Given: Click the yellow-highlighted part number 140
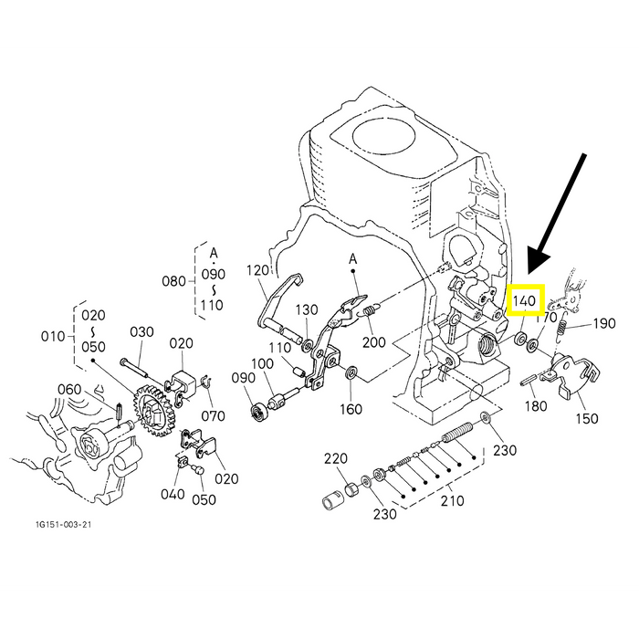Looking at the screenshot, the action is [524, 300].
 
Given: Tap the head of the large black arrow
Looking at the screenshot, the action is [537, 263].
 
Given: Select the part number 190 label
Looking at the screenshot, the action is [604, 323].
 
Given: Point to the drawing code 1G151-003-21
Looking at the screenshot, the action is [63, 524].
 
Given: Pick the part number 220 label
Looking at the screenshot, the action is [336, 458].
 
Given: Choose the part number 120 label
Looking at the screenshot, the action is [258, 270].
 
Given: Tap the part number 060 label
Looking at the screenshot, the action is [69, 390].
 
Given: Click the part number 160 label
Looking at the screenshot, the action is [351, 408].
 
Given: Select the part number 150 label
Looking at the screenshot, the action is [587, 418].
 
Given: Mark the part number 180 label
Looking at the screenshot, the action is [536, 405].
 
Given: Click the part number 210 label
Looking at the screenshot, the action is [452, 500].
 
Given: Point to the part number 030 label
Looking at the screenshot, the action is [141, 331].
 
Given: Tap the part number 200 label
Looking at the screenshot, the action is [373, 342].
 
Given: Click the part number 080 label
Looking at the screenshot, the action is [173, 281].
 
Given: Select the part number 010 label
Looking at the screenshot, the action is [53, 337].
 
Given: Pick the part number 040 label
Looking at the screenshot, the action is [173, 495].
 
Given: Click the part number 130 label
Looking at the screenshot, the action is [307, 309].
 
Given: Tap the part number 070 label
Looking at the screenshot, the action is [213, 416].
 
